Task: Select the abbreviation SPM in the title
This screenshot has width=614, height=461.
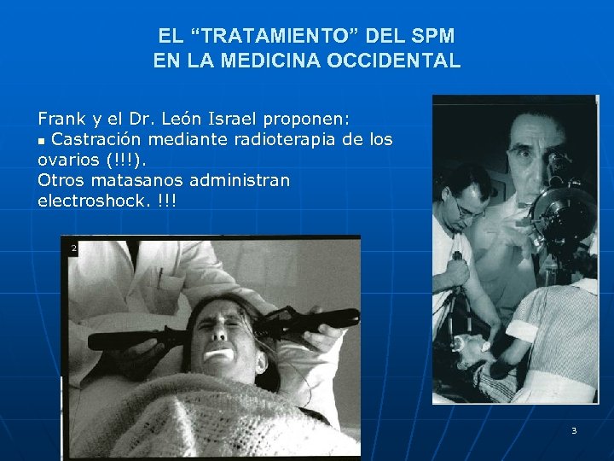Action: pyautogui.click(x=433, y=37)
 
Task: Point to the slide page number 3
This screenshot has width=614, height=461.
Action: pyautogui.click(x=574, y=430)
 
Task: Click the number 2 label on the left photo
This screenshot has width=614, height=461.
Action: pyautogui.click(x=74, y=248)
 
